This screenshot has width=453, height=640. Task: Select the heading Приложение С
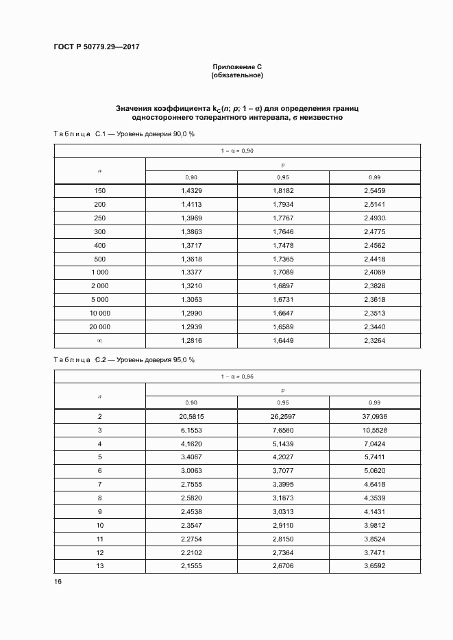coord(237,66)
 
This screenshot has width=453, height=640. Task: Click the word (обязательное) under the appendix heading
coord(237,75)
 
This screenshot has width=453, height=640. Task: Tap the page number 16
coord(58,581)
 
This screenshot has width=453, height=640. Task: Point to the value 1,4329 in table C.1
coord(191,192)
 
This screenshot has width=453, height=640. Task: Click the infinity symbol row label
coord(99,340)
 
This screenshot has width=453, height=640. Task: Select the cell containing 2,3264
coord(374,340)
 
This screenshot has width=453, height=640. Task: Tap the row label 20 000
coord(99,327)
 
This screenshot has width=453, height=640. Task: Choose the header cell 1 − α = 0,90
coord(237,151)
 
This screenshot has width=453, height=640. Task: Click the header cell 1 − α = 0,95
coord(237,376)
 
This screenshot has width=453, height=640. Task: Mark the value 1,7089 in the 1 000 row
coord(283,272)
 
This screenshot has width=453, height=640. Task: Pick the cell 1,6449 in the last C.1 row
coord(283,340)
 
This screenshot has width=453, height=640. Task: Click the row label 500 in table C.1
coord(99,259)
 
